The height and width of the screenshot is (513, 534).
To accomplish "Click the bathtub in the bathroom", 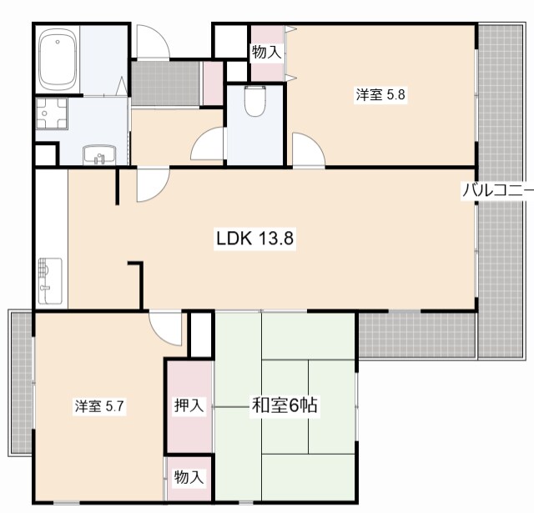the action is click(x=58, y=59).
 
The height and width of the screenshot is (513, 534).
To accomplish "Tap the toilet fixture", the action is click(x=255, y=100).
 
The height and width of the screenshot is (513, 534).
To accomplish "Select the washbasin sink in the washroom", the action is click(x=99, y=155).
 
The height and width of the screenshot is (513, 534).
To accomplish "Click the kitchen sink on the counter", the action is click(x=50, y=280).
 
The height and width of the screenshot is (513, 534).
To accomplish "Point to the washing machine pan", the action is click(x=52, y=114).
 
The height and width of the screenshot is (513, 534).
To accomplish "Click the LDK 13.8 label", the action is click(x=254, y=239).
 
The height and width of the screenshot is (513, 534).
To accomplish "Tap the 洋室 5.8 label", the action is click(x=380, y=94).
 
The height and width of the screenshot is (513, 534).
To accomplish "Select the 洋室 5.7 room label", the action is click(x=99, y=406).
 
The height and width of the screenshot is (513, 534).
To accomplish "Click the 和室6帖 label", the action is click(x=285, y=405).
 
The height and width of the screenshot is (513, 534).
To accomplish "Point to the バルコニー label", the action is click(x=497, y=191).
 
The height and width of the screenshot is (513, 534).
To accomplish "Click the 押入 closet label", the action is click(x=189, y=405).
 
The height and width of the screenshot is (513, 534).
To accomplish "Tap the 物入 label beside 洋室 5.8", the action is click(x=267, y=52).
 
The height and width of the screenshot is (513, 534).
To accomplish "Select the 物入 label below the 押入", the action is click(x=189, y=477).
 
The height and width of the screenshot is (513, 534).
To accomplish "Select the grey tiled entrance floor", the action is click(x=166, y=83).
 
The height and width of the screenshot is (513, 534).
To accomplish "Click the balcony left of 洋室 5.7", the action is click(x=21, y=382).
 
